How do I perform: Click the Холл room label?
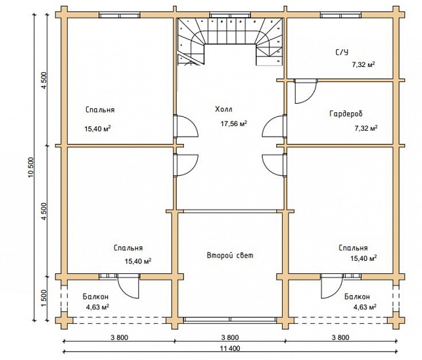tap(223, 109)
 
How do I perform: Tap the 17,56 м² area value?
tap(234, 124)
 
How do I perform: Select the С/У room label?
tap(342, 52)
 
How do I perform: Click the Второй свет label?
tap(230, 256)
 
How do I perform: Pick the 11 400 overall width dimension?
tap(230, 348)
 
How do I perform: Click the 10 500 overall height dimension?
tap(31, 168)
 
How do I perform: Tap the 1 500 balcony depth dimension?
tap(45, 298)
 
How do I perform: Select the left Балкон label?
tap(95, 297)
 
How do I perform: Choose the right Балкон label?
tap(357, 297)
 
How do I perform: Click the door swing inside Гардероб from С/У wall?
tap(306, 91)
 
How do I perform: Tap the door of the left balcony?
tap(128, 286)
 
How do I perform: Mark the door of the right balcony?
tap(332, 286)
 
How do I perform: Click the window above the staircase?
tap(230, 15)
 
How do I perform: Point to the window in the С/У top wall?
tap(340, 15)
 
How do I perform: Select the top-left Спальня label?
tap(100, 110)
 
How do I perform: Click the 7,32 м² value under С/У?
tap(363, 64)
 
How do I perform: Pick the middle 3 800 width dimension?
tap(230, 338)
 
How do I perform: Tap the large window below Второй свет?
tap(230, 320)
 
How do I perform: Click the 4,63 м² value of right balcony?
tap(364, 307)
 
